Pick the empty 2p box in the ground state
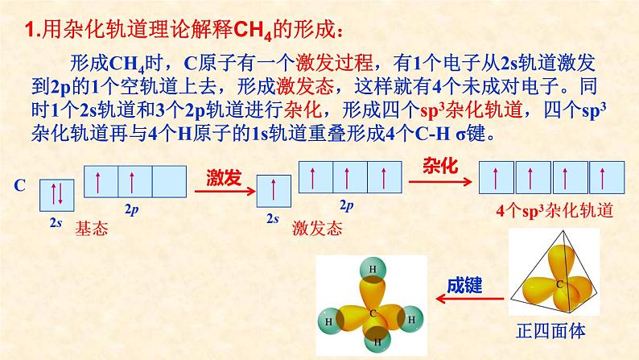tap(168, 181)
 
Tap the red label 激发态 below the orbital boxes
tap(318, 228)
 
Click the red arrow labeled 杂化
tap(439, 180)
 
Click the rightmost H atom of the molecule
tap(411, 320)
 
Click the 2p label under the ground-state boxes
tap(132, 208)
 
